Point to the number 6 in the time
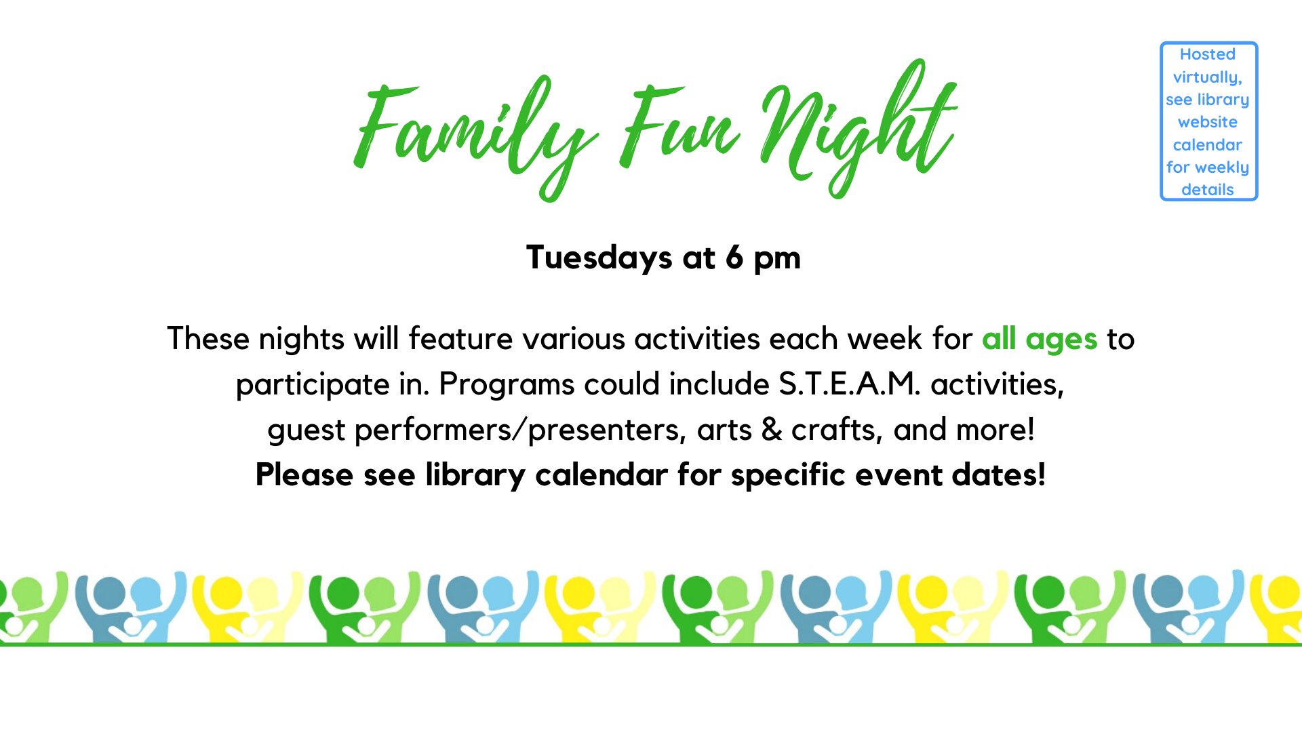(734, 257)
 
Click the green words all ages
(1040, 339)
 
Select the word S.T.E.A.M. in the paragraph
(850, 384)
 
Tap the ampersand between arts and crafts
(772, 429)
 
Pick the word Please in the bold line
(304, 474)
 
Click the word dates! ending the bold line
(999, 474)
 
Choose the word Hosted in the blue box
(1208, 54)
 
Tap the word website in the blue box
(1208, 122)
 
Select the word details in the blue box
(1208, 190)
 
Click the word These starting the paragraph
(208, 338)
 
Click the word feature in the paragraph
(460, 338)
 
